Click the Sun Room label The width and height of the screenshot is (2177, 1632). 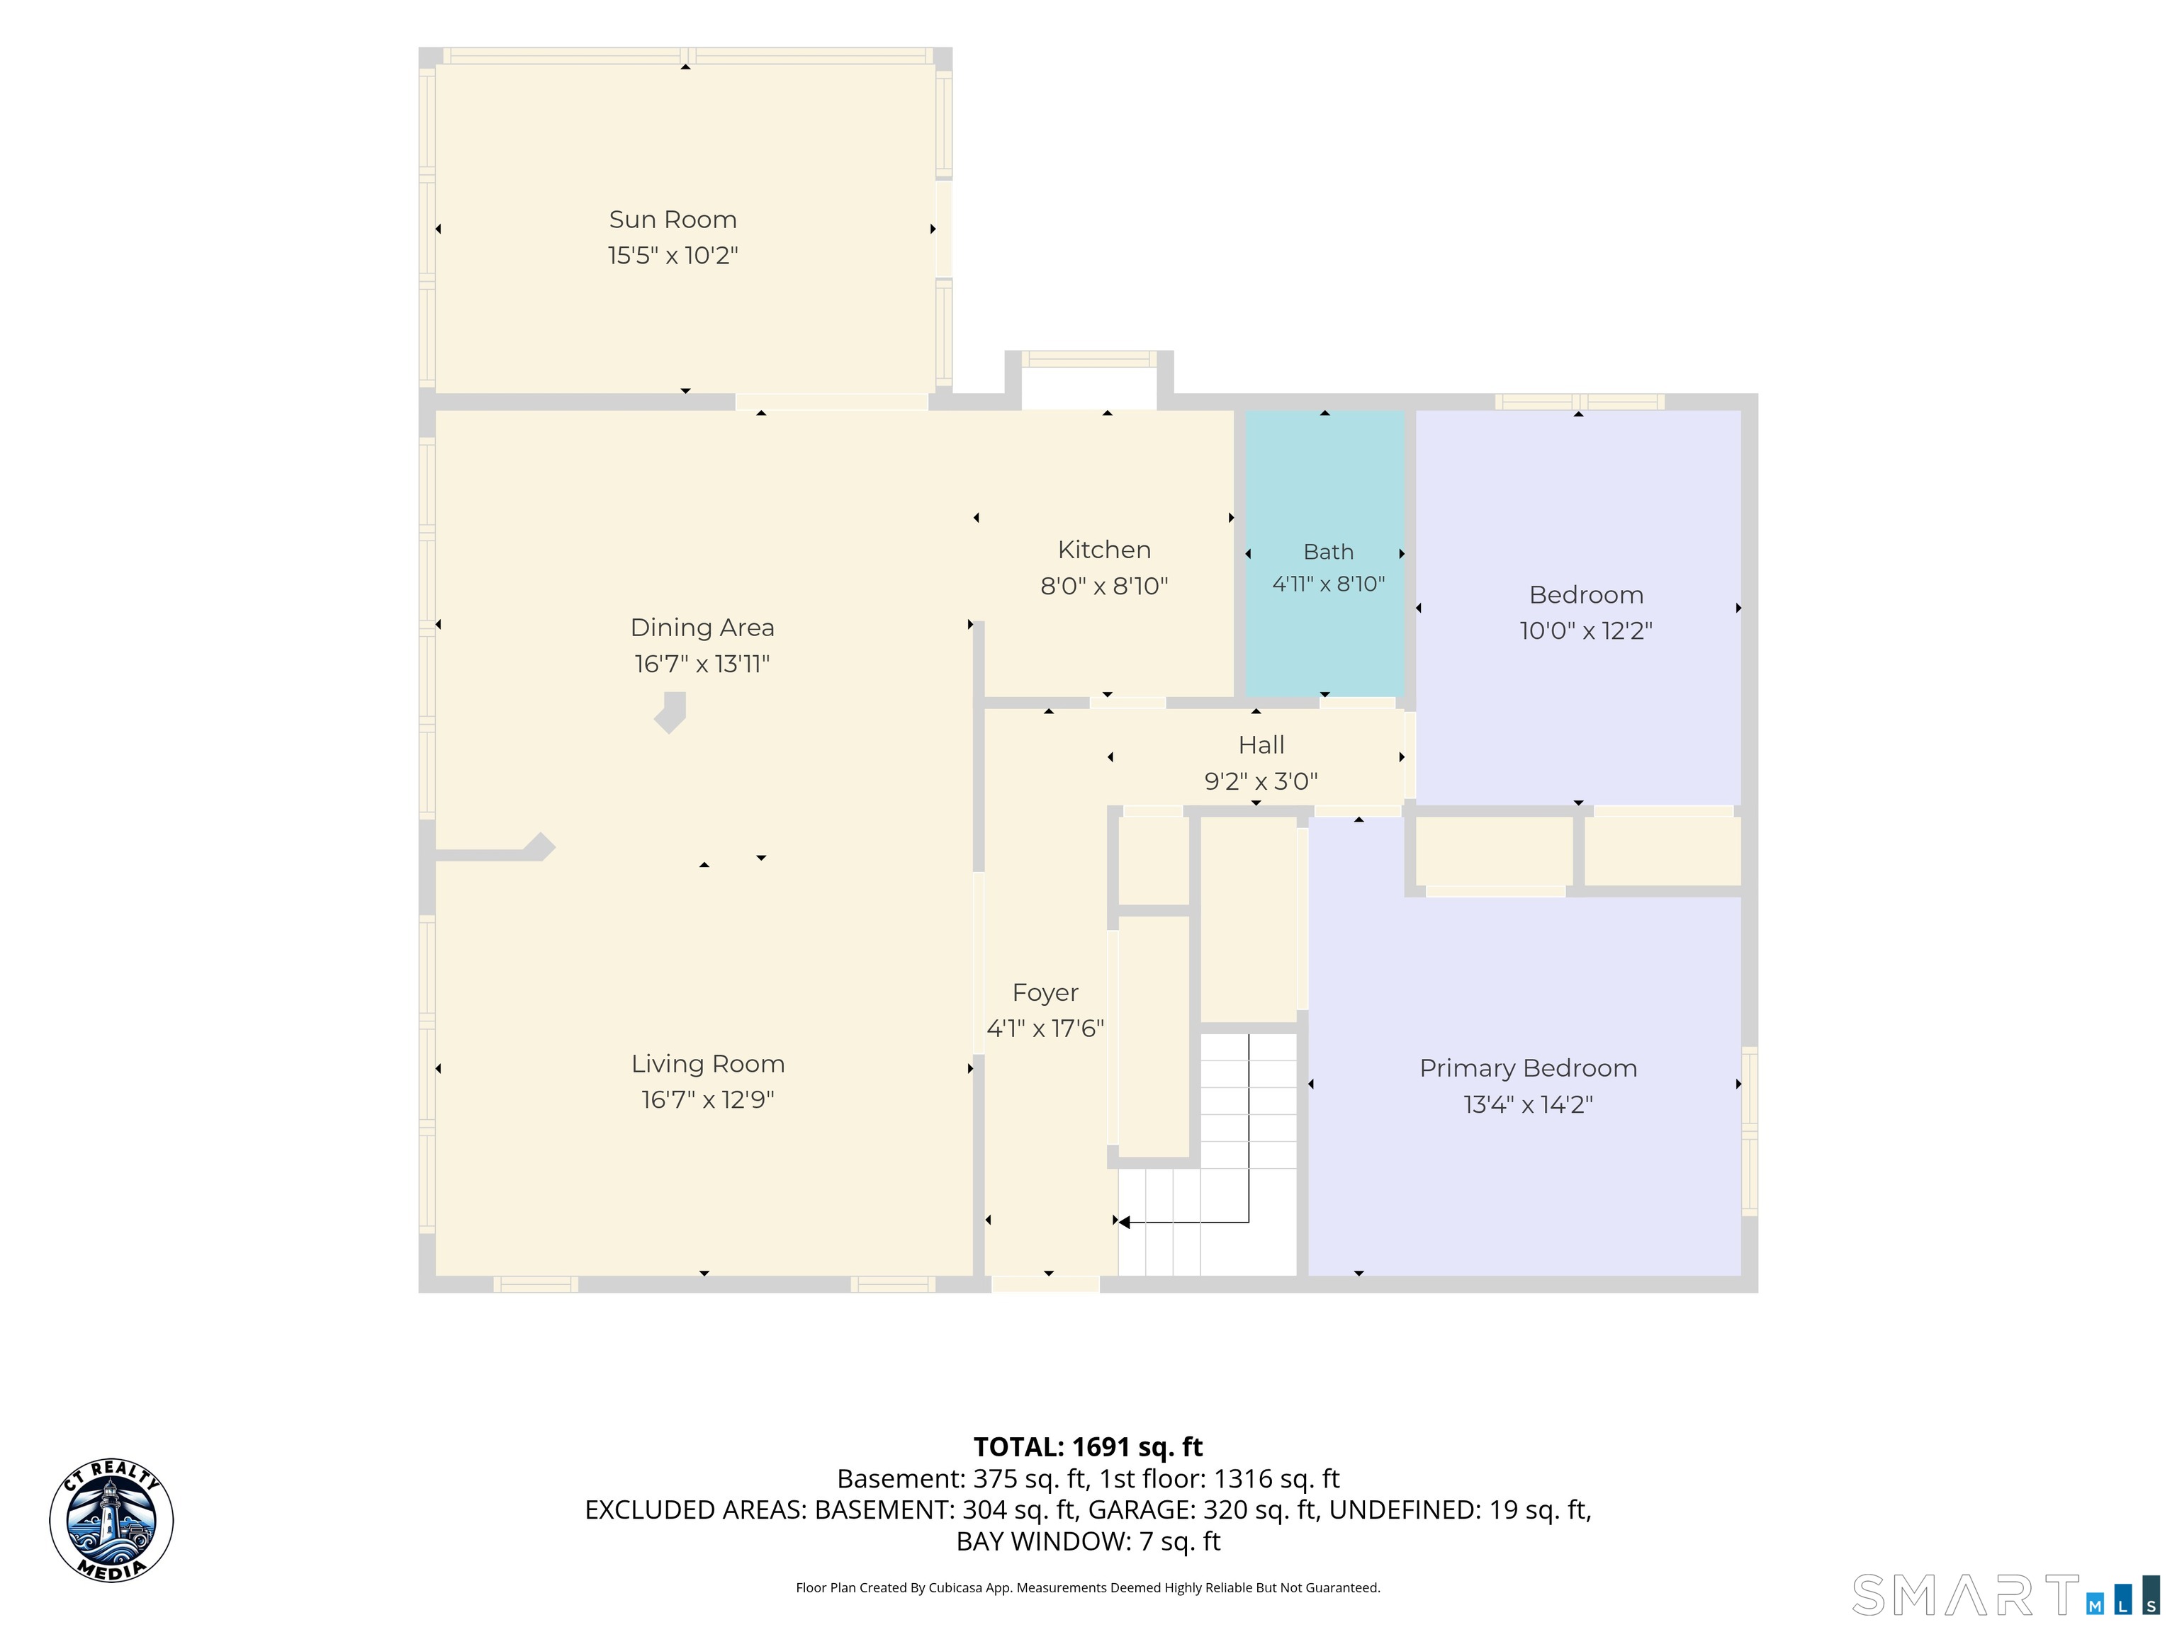point(673,220)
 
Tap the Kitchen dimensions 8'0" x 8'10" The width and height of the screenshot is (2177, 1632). point(1104,586)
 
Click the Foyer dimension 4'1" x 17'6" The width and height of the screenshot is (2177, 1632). point(1045,1029)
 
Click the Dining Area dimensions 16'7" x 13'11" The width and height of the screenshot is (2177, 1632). point(702,664)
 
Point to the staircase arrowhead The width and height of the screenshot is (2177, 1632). point(1123,1222)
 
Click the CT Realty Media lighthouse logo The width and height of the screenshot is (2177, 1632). point(111,1521)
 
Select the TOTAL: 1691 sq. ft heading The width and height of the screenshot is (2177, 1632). point(1088,1447)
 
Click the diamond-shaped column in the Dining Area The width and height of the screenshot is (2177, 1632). point(670,712)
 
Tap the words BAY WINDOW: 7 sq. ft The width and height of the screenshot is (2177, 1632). point(1088,1541)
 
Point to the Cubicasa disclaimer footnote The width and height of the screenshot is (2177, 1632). point(1088,1588)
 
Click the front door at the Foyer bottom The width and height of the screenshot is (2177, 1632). point(1045,1283)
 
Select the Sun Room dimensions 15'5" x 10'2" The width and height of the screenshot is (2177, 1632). point(673,256)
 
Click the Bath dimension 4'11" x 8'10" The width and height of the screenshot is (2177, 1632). point(1329,584)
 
